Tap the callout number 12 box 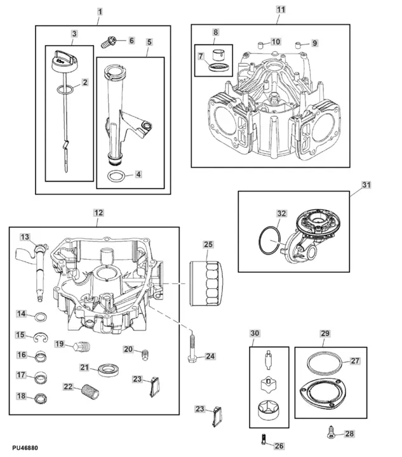97,213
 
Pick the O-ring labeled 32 269,241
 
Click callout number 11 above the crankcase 281,10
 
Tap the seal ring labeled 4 116,176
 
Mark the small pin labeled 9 297,44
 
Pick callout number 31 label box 366,185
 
